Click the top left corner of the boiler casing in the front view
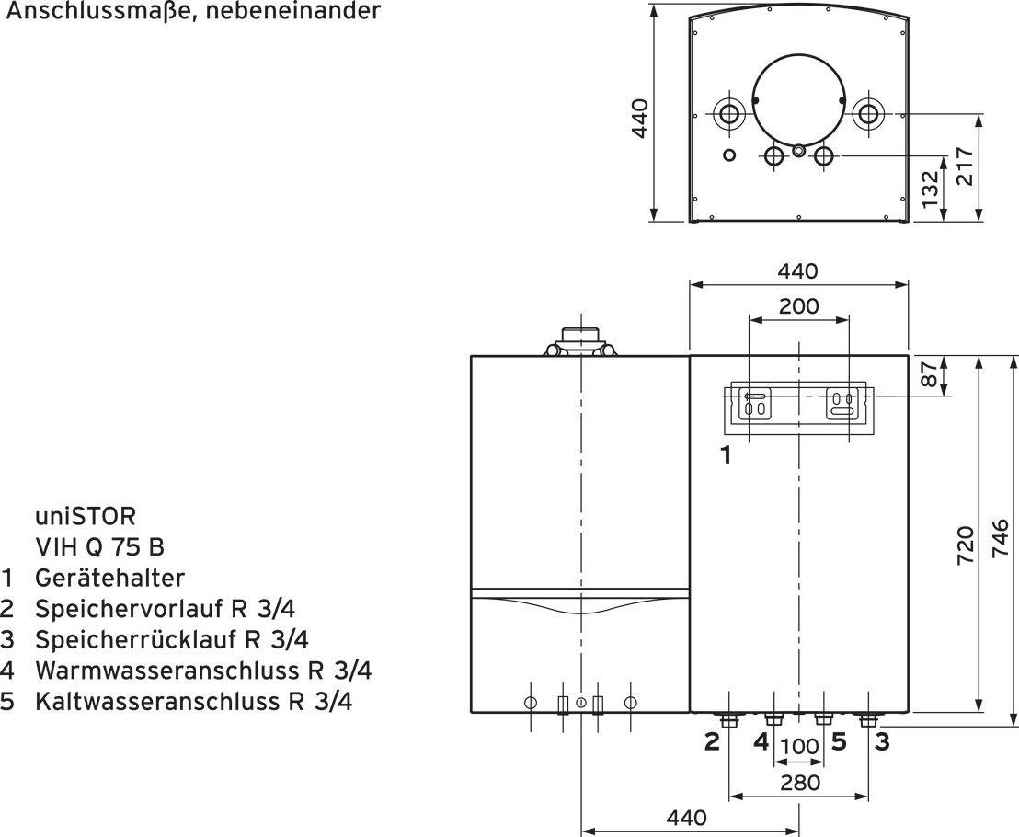coord(471,356)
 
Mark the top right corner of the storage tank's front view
coord(908,356)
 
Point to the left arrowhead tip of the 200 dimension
coord(750,320)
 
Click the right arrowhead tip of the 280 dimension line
coord(868,796)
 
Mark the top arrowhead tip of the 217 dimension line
coord(978,114)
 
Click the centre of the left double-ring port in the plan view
coord(729,114)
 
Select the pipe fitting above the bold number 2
coord(729,719)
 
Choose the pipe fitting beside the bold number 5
coord(824,719)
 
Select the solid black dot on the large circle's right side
coord(842,100)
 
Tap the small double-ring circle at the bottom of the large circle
coord(798,151)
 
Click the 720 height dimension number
coord(966,545)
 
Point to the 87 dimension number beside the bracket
coord(931,375)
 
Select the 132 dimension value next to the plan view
coord(931,189)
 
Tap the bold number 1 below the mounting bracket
coord(726,455)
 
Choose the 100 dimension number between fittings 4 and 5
coord(799,747)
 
